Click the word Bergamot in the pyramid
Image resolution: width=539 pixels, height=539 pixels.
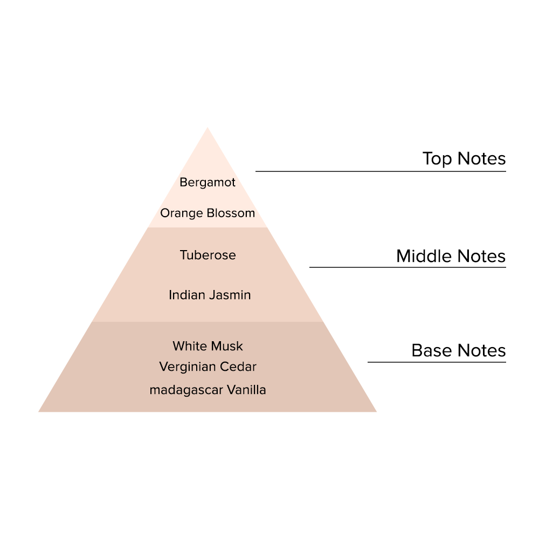point(208,183)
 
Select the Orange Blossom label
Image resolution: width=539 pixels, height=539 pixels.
point(208,213)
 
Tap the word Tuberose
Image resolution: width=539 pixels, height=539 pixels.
point(208,255)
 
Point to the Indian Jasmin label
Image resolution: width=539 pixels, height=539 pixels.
point(210,295)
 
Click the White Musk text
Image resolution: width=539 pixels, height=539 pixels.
point(208,346)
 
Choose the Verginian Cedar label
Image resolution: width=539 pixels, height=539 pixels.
point(208,367)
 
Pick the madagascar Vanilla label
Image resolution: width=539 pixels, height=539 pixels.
point(208,390)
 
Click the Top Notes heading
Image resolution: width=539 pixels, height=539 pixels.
point(464,159)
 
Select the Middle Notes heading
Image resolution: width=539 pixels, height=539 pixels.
point(451,256)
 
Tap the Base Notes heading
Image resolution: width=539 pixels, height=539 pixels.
point(458,351)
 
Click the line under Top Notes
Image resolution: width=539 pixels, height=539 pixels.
point(381,171)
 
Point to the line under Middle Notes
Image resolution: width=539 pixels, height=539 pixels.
point(407,267)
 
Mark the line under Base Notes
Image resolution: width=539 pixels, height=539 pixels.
point(437,362)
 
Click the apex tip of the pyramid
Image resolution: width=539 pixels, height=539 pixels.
point(208,129)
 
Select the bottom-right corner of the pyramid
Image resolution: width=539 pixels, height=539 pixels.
point(375,411)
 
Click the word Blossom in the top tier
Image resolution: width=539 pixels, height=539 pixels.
point(230,213)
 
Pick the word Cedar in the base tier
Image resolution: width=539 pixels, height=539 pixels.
point(239,367)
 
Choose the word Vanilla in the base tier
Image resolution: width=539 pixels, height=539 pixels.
point(246,390)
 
